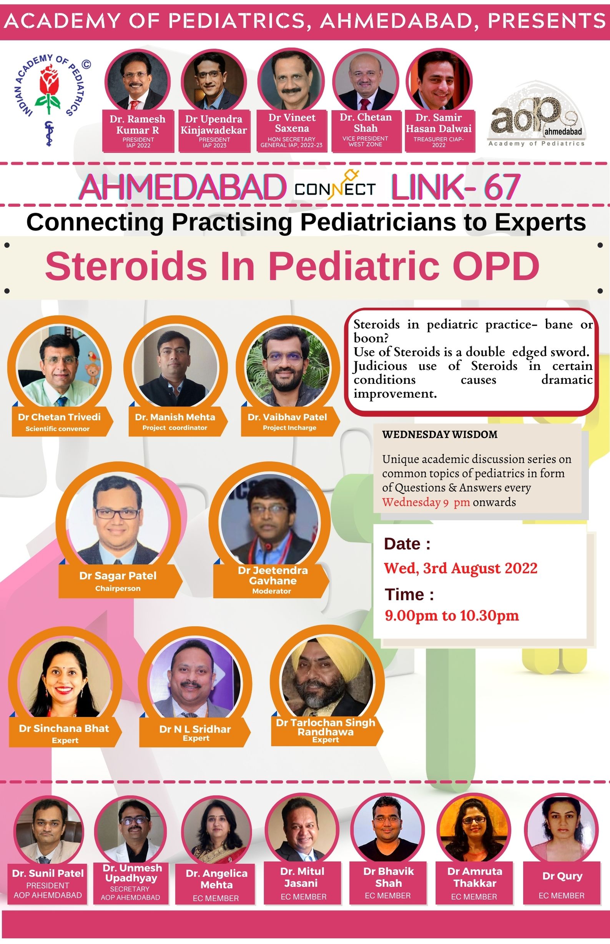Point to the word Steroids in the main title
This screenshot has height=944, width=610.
[126, 266]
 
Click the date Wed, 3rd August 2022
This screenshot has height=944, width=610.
[460, 568]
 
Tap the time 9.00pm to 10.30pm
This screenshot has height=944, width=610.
[452, 616]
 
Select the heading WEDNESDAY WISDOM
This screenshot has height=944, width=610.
[440, 435]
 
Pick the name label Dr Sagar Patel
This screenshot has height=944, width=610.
[118, 576]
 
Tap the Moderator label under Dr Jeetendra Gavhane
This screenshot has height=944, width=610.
[272, 591]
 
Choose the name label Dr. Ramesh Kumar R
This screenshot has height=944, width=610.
[138, 124]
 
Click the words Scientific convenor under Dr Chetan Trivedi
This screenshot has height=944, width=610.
[57, 429]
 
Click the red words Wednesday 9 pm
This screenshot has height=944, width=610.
[426, 502]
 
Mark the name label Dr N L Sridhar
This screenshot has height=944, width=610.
[195, 729]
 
